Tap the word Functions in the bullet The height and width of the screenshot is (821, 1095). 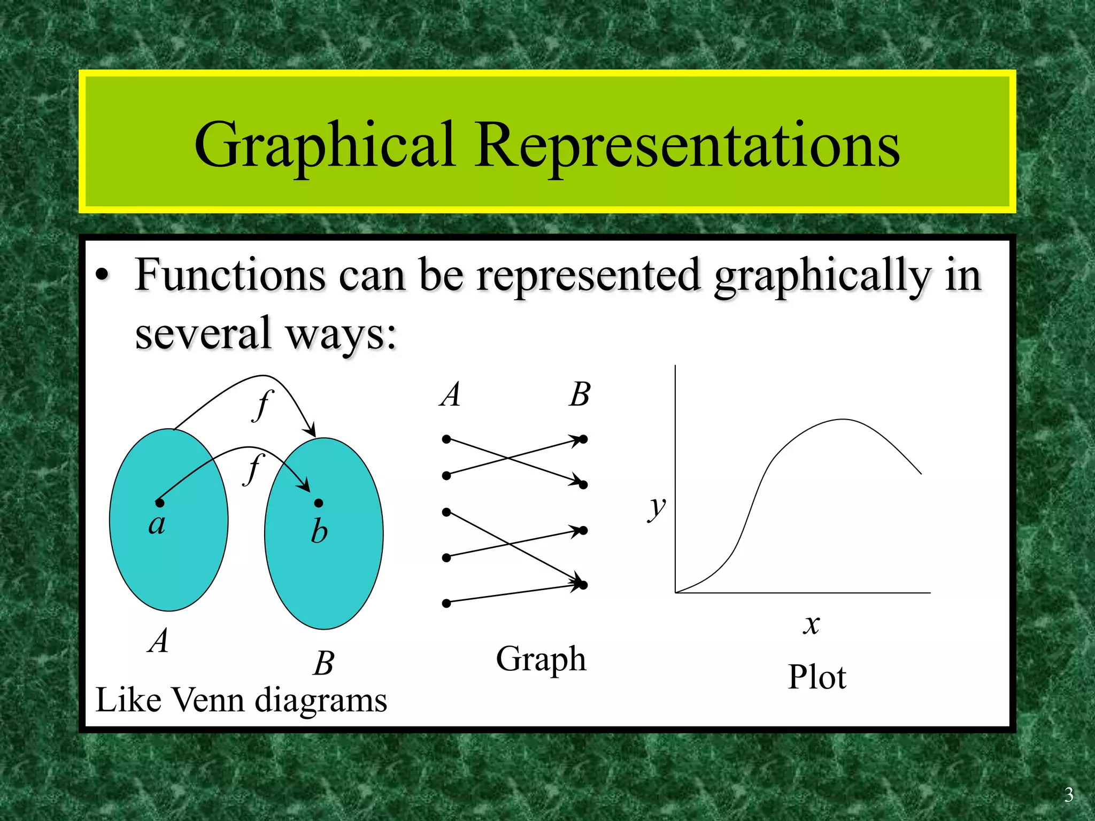pos(230,276)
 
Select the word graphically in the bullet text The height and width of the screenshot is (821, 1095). pos(823,277)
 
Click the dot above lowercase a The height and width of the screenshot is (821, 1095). pos(159,502)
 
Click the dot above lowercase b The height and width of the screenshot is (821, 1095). pos(319,503)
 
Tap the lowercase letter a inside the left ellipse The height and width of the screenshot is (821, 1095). pos(157,524)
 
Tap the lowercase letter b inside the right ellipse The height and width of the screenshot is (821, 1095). pos(319,531)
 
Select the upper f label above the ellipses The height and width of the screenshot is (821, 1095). pos(263,405)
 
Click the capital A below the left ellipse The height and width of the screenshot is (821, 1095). pos(158,640)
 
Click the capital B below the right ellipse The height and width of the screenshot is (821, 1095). pos(324,663)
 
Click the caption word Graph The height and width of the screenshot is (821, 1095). pos(541,660)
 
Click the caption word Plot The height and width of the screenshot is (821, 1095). pos(816,677)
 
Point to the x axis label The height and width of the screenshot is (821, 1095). pos(811,624)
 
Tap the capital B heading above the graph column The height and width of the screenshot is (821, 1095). pos(580,394)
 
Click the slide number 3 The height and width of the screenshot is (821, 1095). pos(1068,795)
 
